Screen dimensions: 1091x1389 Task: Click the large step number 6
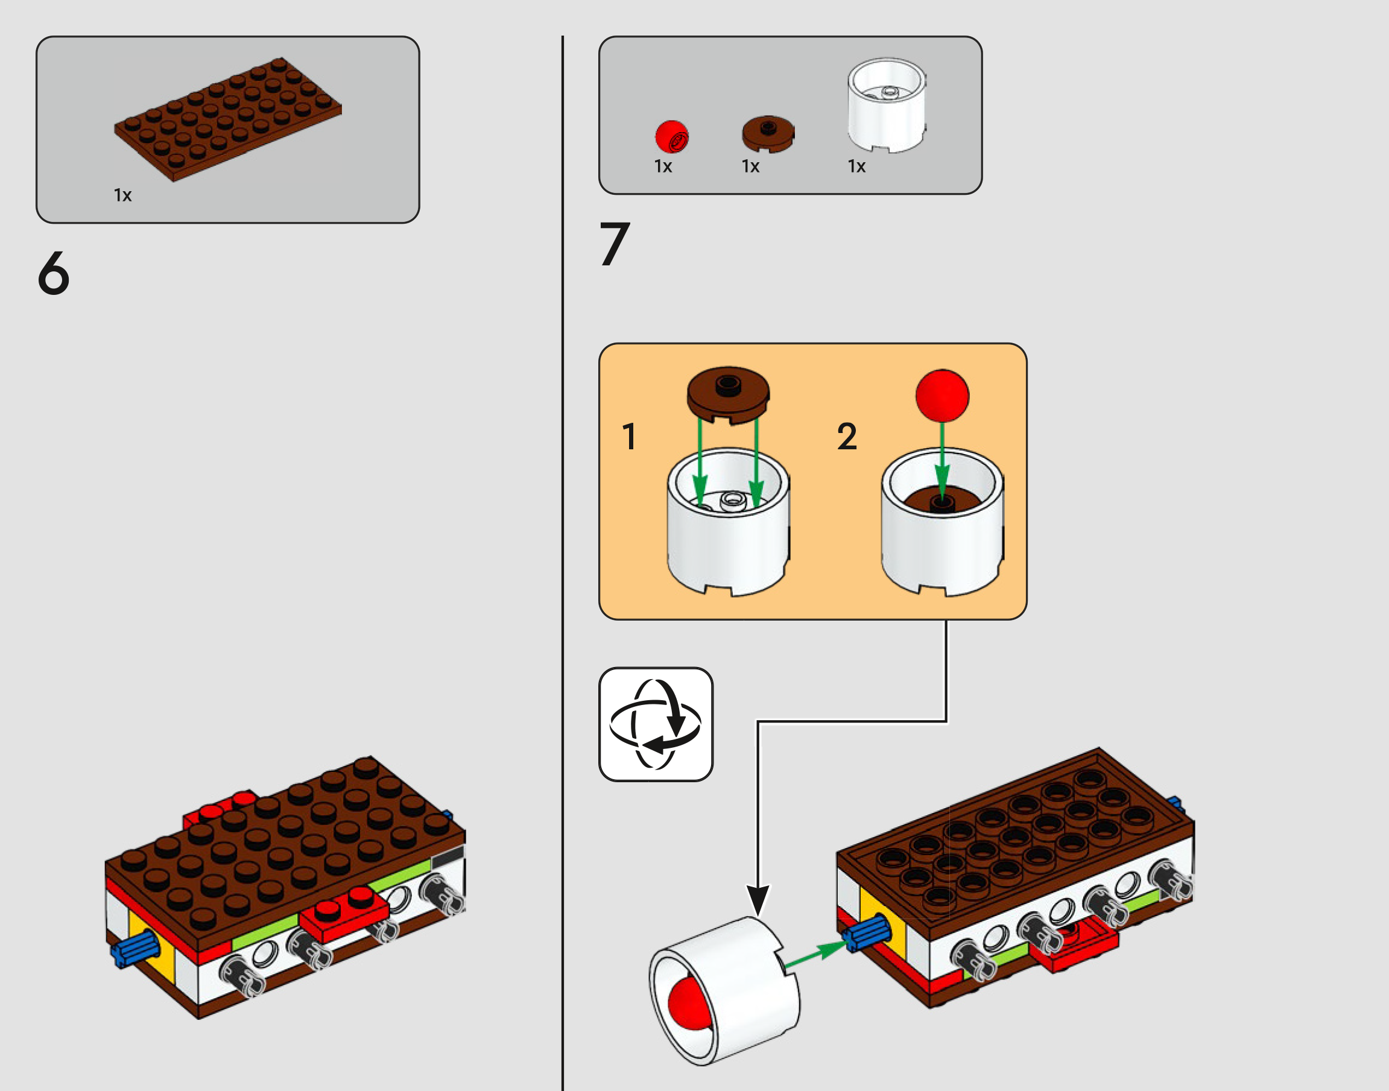(x=54, y=273)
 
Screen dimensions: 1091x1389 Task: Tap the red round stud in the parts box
(x=672, y=137)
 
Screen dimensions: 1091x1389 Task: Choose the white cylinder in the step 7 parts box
(x=887, y=106)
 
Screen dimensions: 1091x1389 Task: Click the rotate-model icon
(x=656, y=724)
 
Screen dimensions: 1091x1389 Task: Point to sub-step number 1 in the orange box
(x=629, y=437)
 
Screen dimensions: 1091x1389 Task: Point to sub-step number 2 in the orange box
(x=847, y=437)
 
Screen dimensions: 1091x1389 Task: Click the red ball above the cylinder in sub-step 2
(x=942, y=396)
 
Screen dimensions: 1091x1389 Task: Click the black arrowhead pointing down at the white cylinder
(x=758, y=900)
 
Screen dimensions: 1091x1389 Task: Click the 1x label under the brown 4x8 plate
(x=122, y=195)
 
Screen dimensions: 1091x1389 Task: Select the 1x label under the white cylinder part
(x=856, y=166)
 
